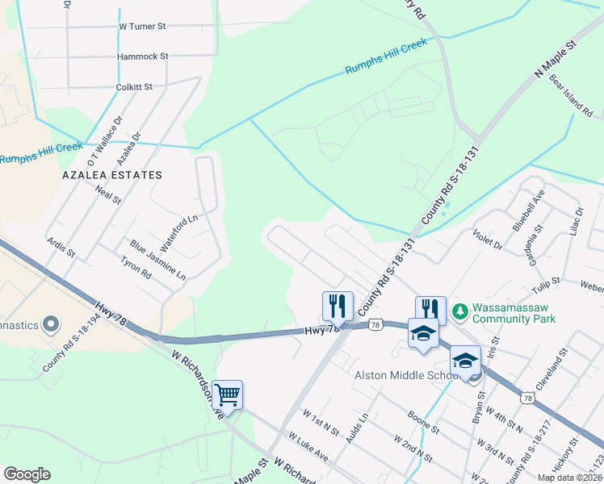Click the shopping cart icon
tap(228, 394)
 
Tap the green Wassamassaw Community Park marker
tap(459, 311)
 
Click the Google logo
tap(27, 474)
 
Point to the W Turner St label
tap(142, 27)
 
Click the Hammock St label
tap(142, 56)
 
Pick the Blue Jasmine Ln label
tap(157, 260)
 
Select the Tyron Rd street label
tap(136, 269)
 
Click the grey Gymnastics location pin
tap(51, 324)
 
